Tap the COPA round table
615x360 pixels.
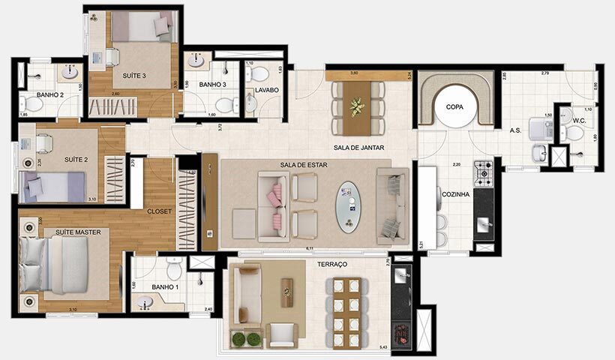click(x=455, y=106)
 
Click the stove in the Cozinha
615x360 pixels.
click(x=482, y=175)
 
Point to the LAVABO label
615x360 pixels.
click(x=266, y=90)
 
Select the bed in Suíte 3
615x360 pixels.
click(x=143, y=29)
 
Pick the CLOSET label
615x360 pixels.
click(x=160, y=211)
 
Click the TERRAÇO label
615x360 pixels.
click(x=331, y=265)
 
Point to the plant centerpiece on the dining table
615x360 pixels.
click(x=355, y=107)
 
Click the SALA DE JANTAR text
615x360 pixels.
click(x=359, y=148)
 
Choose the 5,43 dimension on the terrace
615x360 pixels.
click(x=383, y=346)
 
